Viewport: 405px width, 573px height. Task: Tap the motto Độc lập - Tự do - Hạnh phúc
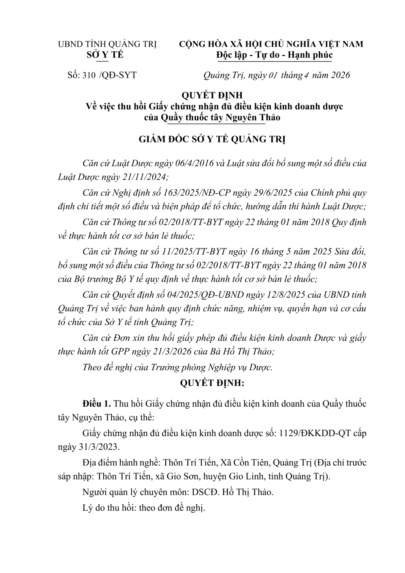pyautogui.click(x=274, y=55)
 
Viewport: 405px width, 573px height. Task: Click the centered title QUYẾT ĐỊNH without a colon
pyautogui.click(x=212, y=96)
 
